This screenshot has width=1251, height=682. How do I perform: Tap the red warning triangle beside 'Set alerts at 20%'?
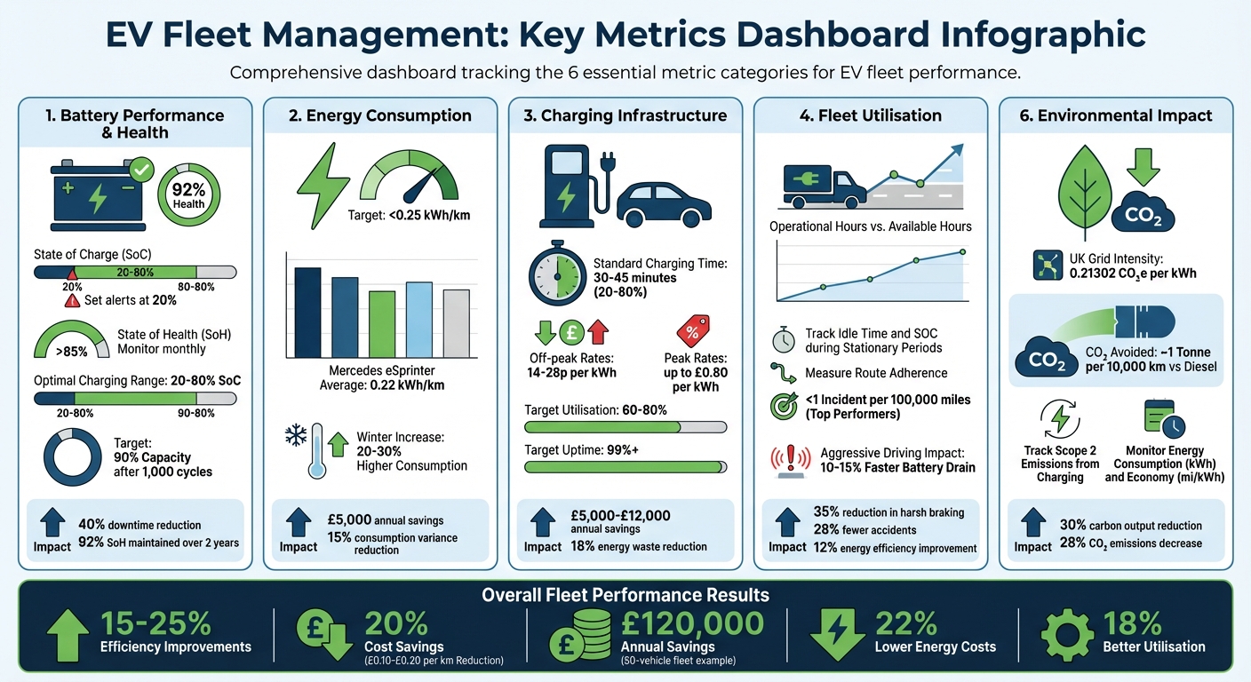72,300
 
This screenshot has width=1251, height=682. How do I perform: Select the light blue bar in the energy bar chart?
418,319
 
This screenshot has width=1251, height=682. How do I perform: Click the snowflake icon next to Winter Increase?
295,435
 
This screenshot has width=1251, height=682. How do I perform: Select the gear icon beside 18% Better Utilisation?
1067,634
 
